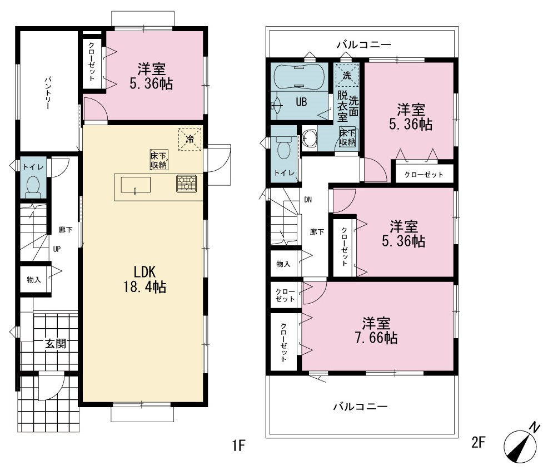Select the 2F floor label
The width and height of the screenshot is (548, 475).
point(479,442)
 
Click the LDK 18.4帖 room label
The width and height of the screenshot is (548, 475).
point(145,279)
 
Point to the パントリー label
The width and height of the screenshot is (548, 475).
point(48,93)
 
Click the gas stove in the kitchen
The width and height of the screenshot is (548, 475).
point(187,184)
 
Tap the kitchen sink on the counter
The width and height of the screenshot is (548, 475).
point(136,185)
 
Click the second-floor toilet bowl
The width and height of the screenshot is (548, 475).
point(282,148)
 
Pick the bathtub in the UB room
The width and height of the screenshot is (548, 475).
point(299,77)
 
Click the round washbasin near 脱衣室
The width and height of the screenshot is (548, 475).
point(309,137)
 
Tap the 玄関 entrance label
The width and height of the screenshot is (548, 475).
point(56,344)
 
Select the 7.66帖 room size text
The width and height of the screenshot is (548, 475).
point(376,338)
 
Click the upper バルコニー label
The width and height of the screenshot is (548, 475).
point(364,44)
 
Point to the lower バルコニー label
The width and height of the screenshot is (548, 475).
point(360,407)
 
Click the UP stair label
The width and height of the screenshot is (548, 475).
point(57,249)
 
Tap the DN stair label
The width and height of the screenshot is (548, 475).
point(308,200)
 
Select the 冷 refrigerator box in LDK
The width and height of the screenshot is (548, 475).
point(190,139)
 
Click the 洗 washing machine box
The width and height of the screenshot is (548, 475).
point(347,75)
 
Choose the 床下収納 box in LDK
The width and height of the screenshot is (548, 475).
point(159,160)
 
